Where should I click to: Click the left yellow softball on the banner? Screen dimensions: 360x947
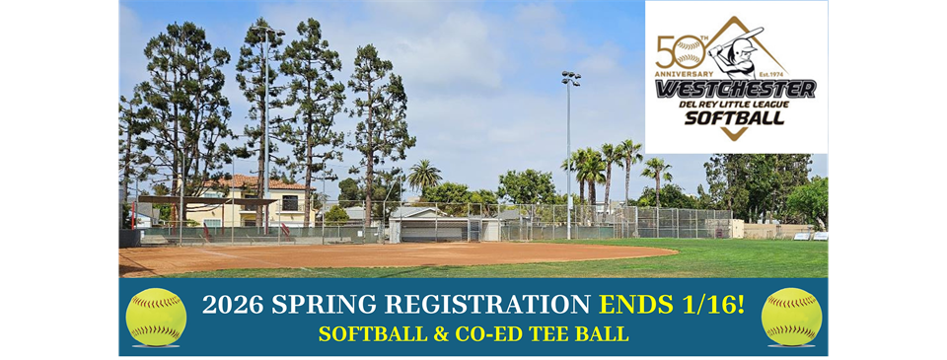[156, 317]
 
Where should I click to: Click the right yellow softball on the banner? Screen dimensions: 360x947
[791, 317]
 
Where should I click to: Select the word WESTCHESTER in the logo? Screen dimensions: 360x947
[735, 89]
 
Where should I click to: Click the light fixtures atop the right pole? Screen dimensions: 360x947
[570, 78]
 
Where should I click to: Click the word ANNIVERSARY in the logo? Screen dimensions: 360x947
[684, 73]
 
